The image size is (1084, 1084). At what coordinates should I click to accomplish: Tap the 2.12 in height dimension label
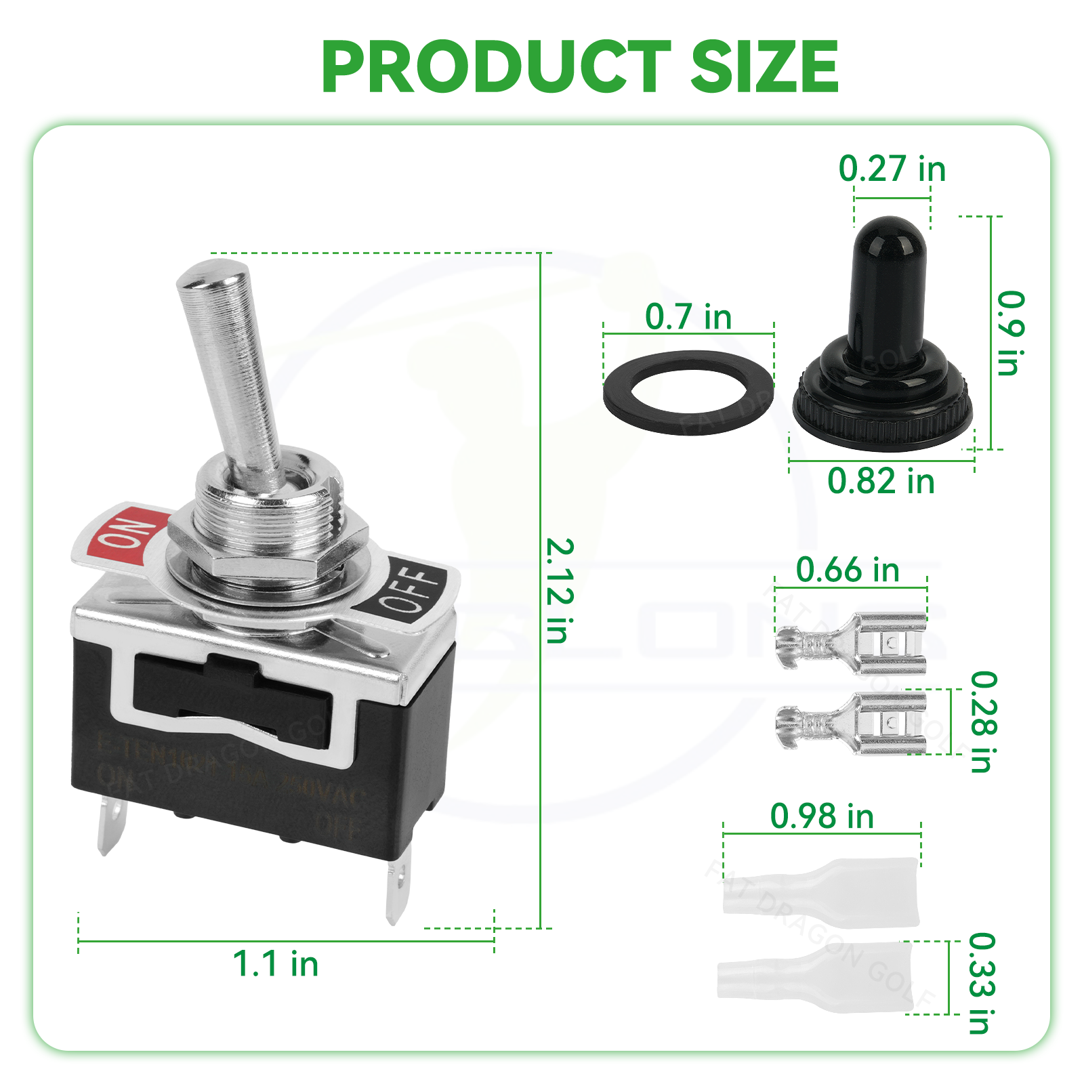point(560,590)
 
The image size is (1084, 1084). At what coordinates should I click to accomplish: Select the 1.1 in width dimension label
point(275,963)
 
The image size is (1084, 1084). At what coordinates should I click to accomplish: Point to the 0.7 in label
point(688,316)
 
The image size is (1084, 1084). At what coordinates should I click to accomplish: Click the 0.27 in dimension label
point(892,169)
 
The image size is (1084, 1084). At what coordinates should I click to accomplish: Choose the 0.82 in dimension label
point(881,481)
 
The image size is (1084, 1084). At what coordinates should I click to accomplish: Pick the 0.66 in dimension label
point(848,570)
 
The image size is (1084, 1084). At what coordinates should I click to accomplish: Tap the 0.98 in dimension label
point(822,816)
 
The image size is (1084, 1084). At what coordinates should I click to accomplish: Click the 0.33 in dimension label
point(982,983)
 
